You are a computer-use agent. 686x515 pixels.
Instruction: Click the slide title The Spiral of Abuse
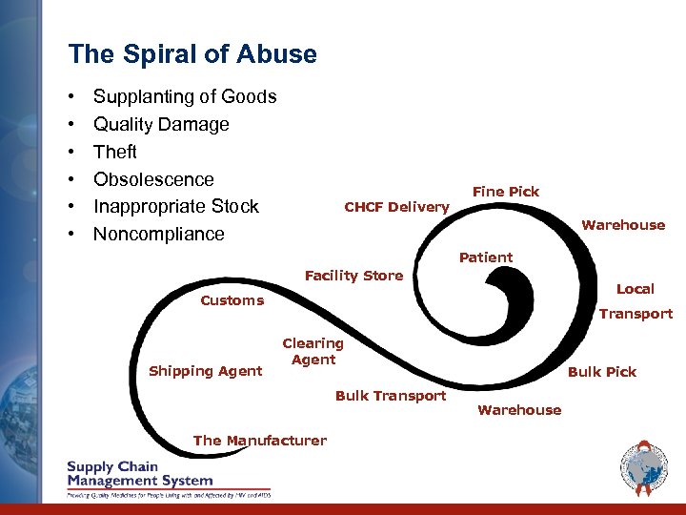tap(192, 54)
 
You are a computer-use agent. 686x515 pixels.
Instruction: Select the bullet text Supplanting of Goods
tap(185, 96)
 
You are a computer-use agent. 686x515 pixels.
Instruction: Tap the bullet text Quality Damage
tap(161, 124)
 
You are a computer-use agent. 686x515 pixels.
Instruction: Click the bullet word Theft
tap(115, 152)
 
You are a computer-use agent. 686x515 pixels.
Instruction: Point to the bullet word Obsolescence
tap(153, 179)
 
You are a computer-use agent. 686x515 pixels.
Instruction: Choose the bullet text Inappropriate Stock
tap(175, 206)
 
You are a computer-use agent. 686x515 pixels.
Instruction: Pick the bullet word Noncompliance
tap(158, 234)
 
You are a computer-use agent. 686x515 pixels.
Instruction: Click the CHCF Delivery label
tap(396, 207)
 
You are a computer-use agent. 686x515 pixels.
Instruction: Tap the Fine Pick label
tap(506, 192)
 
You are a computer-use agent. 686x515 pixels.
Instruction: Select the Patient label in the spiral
tap(486, 257)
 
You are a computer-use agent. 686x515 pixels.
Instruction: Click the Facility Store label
tap(353, 276)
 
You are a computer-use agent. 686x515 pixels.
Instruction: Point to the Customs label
tap(232, 300)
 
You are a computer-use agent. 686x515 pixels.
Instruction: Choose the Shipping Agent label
tap(205, 371)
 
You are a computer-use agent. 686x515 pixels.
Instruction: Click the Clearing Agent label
tap(313, 351)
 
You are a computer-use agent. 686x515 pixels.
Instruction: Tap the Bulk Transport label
tap(391, 396)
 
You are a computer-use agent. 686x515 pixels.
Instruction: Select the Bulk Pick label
tap(602, 371)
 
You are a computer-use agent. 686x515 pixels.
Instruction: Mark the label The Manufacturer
tap(259, 441)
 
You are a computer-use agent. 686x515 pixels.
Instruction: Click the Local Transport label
tap(636, 300)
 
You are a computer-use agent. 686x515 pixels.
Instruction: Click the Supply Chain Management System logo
tap(169, 480)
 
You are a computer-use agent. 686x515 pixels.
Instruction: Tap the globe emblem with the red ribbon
tap(644, 470)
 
